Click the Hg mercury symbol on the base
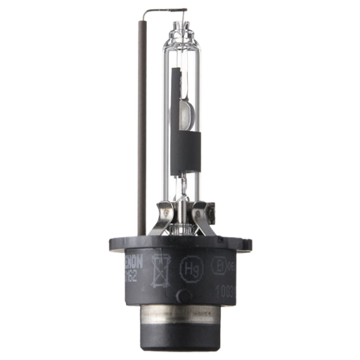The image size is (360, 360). click(189, 267)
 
